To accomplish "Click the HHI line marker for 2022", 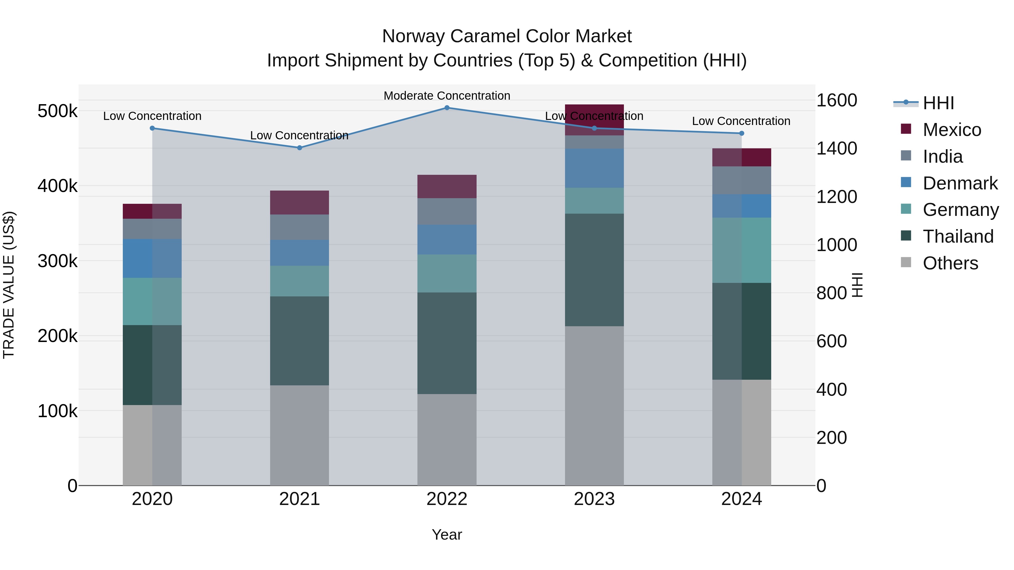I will coord(447,108).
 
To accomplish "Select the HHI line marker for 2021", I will coord(300,148).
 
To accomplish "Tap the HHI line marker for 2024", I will coord(742,133).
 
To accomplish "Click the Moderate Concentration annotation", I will coord(447,96).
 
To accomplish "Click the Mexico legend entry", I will coord(951,130).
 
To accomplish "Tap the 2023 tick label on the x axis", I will coord(594,499).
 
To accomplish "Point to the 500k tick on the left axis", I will coord(57,111).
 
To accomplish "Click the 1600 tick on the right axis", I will coord(837,100).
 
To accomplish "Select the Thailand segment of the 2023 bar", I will coord(594,270).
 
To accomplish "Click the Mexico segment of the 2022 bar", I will coord(447,186).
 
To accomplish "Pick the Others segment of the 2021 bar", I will coord(300,435).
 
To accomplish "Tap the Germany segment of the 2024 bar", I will coord(742,250).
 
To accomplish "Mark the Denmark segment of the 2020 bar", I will coord(152,258).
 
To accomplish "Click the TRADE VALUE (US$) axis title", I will coord(9,285).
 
